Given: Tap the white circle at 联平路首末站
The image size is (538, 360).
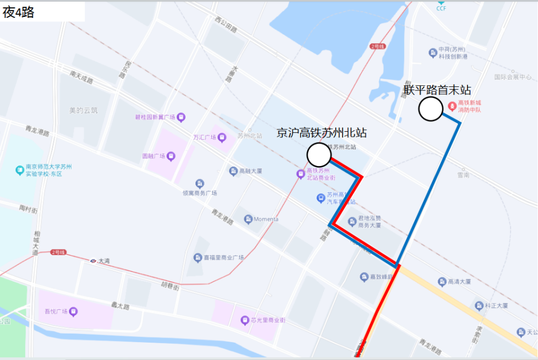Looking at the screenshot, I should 431,109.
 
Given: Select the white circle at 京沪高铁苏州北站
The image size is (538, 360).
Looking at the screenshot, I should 319,155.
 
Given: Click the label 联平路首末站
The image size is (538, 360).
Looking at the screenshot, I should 437,90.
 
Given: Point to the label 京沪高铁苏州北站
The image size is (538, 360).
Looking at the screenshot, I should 322,133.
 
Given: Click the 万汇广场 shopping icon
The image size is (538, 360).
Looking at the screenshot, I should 222,137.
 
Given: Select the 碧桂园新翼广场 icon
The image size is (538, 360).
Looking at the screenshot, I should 181,117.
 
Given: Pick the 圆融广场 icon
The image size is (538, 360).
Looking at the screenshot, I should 170,156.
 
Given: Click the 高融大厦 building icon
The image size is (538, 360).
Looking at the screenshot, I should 233,171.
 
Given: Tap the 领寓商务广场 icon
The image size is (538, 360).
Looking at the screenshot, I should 200,184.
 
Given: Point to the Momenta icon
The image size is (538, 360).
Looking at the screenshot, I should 248,219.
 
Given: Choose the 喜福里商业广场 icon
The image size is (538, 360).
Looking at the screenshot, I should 197,257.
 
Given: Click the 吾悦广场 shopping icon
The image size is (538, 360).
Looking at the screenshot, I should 73,311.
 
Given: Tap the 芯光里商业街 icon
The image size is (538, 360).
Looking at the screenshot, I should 244,320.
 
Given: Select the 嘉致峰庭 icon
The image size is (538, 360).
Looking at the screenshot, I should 364,277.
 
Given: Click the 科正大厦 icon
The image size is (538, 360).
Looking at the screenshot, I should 479,306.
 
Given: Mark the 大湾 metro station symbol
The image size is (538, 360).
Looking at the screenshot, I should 92,261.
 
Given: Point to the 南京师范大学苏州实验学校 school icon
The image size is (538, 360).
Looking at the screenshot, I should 20,170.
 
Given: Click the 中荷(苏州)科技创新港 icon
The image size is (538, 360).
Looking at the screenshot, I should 433,53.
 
